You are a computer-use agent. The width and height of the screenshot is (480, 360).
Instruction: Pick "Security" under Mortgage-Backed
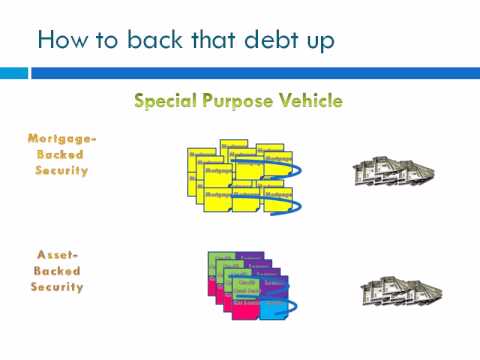click(x=58, y=170)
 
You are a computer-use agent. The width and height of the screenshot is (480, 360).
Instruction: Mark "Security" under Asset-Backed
click(x=58, y=287)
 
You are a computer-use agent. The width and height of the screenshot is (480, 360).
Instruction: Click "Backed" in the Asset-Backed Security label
click(x=58, y=271)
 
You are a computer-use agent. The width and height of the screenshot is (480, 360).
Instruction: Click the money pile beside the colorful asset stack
click(x=400, y=290)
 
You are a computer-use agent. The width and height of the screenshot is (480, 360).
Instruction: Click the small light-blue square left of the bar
click(x=14, y=73)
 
